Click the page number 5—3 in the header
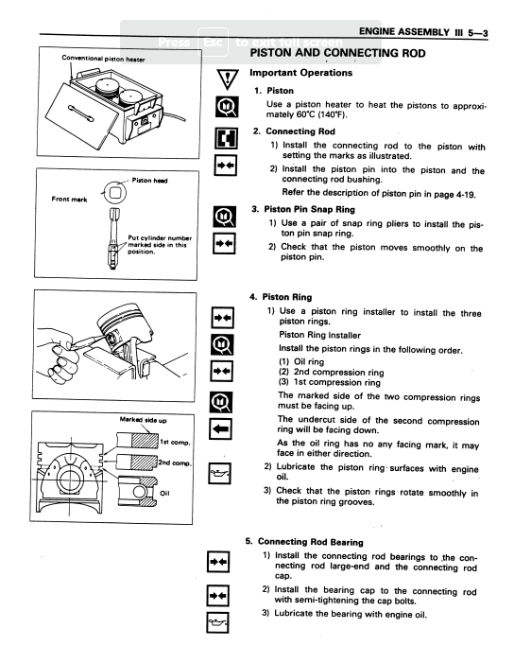click(478, 33)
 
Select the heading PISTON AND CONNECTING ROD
click(337, 53)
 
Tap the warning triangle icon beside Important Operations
click(228, 79)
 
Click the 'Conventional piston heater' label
click(103, 59)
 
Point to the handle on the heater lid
click(82, 113)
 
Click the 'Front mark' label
click(69, 200)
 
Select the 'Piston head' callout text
click(149, 181)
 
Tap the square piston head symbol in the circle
click(115, 193)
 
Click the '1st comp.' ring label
click(175, 443)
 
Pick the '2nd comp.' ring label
click(175, 462)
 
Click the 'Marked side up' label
click(144, 420)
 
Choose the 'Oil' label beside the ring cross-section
click(164, 493)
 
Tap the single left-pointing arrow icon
click(220, 429)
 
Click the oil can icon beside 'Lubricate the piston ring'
click(219, 473)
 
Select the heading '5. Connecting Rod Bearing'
click(304, 542)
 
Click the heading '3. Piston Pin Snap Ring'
click(303, 209)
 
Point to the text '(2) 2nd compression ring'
click(331, 372)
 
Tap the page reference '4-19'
click(466, 195)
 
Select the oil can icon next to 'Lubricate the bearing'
click(218, 622)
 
